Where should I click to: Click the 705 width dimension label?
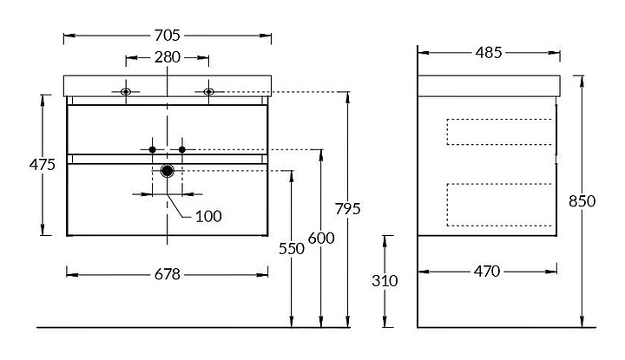(168, 36)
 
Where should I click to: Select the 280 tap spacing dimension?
(168, 58)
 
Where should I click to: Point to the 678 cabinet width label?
(168, 274)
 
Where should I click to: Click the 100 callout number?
(208, 215)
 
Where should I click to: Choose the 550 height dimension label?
(292, 248)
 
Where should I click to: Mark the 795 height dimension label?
(347, 209)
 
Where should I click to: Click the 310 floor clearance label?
(385, 280)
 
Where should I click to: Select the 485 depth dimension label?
(489, 53)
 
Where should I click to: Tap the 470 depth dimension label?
(487, 272)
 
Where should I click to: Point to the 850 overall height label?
(582, 200)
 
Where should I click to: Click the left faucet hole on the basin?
(126, 91)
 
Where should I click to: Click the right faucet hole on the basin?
(208, 91)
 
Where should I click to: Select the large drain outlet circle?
(168, 172)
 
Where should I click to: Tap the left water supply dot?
(153, 150)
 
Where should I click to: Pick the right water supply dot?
(182, 150)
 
